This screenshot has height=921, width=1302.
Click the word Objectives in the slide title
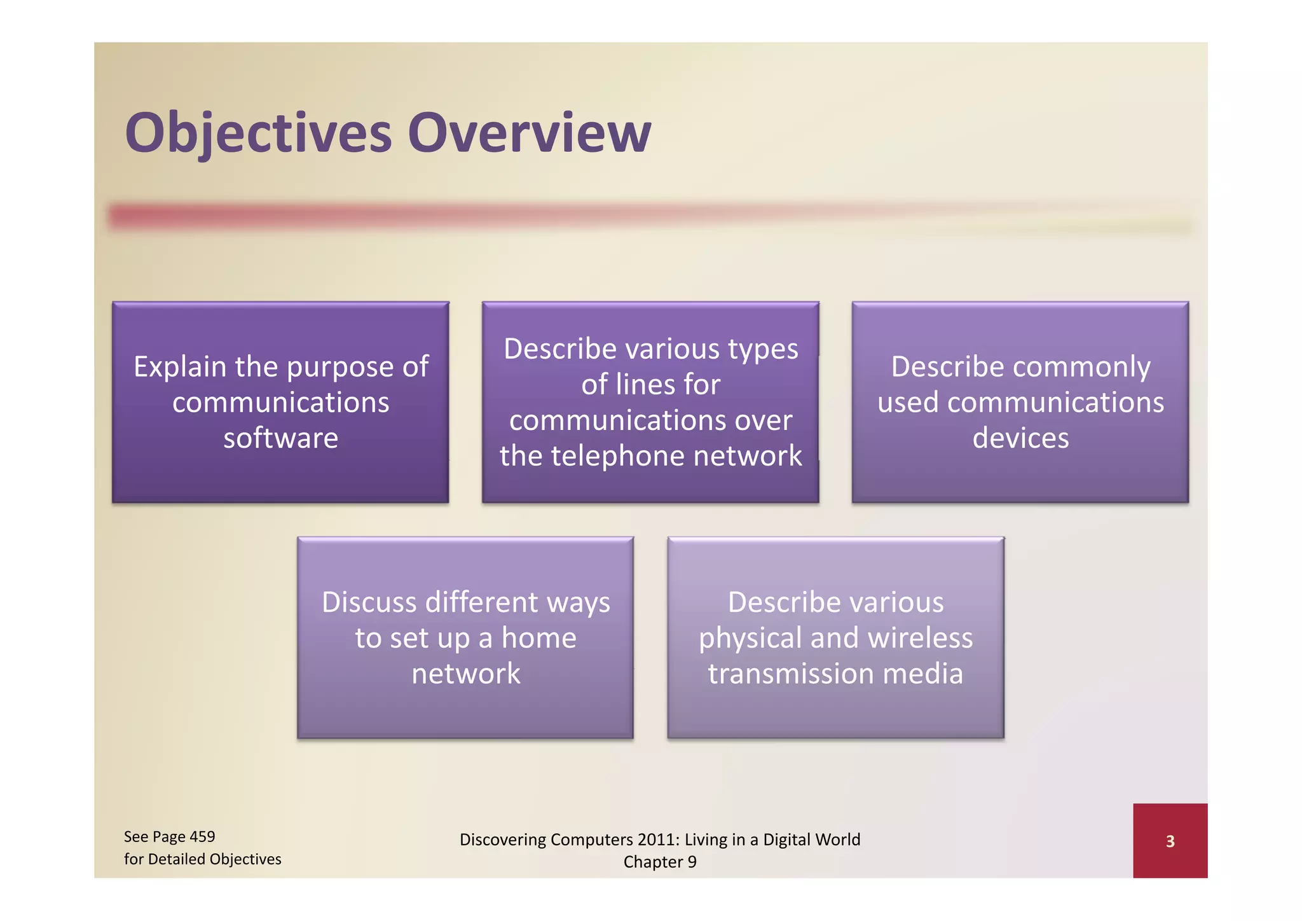pyautogui.click(x=258, y=133)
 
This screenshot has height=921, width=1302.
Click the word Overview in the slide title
pyautogui.click(x=530, y=133)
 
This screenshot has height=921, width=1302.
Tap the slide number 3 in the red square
pyautogui.click(x=1170, y=841)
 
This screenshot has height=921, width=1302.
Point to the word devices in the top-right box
pyautogui.click(x=1020, y=438)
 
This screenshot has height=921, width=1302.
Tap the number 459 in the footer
pyautogui.click(x=202, y=836)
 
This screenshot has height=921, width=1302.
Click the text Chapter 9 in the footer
pyautogui.click(x=660, y=862)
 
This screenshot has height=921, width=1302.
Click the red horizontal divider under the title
pyautogui.click(x=445, y=216)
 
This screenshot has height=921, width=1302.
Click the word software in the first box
pyautogui.click(x=280, y=438)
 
